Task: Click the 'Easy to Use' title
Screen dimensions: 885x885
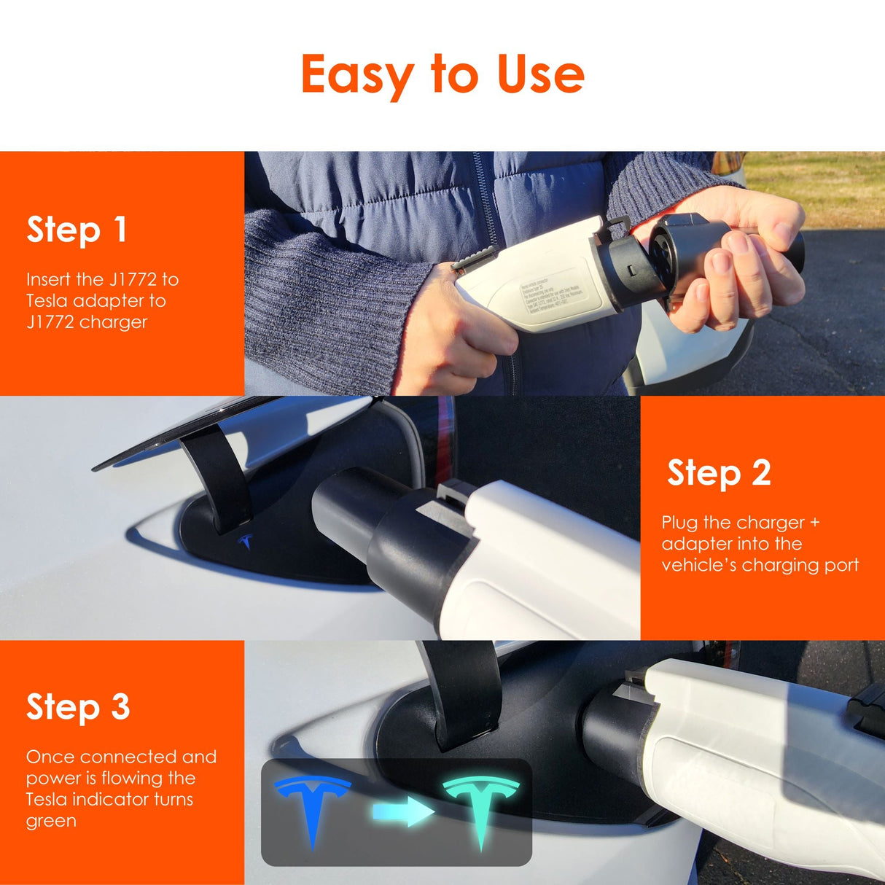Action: [x=442, y=74]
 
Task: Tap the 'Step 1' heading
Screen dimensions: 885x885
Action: [x=77, y=230]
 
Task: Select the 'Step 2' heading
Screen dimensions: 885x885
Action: [x=719, y=473]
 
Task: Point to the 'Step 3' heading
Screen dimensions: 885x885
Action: [x=78, y=707]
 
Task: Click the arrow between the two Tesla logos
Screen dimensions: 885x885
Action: [x=402, y=811]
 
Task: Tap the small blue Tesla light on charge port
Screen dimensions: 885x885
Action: [x=246, y=542]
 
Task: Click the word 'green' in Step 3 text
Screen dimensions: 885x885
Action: [x=51, y=821]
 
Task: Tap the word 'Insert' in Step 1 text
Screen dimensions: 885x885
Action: [x=48, y=279]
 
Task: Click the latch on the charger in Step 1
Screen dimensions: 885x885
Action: [x=475, y=258]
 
